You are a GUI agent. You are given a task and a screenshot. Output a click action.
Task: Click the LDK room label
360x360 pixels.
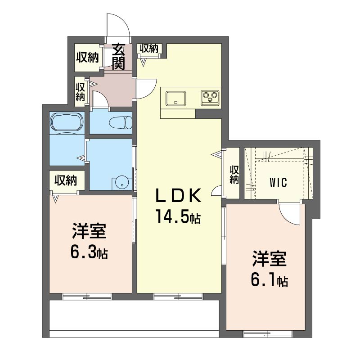coord(178,195)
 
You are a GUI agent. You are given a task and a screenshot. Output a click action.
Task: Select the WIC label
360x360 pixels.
coord(278,183)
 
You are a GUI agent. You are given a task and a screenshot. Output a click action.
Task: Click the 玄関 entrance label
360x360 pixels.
coord(118,57)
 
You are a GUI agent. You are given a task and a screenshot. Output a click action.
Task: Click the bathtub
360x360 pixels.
coord(67,122)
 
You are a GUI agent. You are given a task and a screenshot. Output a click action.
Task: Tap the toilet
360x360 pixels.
coord(120,122)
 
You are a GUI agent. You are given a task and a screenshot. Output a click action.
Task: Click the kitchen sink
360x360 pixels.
coord(176,98)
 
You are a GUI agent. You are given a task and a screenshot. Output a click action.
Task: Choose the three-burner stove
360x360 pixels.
coord(210,98)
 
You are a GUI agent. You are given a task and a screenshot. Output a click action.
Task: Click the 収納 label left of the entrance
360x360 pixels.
coord(87,57)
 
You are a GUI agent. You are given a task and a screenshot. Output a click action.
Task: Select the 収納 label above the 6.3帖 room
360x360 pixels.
coord(66,180)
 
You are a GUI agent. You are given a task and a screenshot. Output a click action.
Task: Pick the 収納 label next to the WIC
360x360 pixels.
coord(234,175)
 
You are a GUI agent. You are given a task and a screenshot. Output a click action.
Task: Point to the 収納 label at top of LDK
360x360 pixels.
coord(149,49)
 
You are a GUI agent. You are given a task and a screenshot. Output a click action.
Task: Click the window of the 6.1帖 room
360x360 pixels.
coord(268,333)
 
